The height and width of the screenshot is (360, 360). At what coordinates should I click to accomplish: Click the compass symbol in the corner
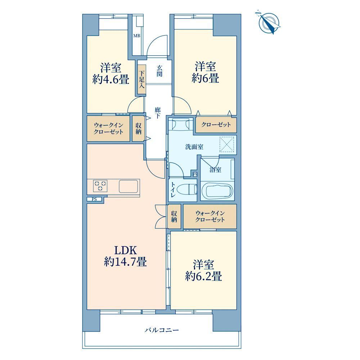pos(269,22)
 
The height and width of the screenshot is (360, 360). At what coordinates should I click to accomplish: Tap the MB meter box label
pos(137,36)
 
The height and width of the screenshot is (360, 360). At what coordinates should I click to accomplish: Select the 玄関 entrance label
pos(159,71)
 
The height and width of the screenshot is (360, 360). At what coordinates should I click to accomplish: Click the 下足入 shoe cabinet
pos(142,80)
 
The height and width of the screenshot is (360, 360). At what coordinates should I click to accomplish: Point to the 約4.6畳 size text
pos(111,80)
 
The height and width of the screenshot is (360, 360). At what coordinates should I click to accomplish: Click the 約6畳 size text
pos(205,78)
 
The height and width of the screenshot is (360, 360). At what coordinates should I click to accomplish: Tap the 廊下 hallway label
pos(158,113)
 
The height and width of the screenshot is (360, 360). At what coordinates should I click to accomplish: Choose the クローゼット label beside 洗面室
pos(216,125)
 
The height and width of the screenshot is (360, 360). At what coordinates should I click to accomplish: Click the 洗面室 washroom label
pos(194,147)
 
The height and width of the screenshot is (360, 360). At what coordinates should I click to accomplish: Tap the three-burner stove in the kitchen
pos(100,186)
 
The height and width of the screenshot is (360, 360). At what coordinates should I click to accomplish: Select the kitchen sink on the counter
pos(129,186)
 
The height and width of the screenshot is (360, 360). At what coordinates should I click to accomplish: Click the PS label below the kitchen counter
pos(94,199)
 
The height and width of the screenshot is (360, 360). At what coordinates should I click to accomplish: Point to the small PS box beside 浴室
pos(195,175)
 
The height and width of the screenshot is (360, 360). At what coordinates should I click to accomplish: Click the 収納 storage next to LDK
pos(174,216)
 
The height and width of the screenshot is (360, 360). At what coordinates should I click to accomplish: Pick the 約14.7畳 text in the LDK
pos(125,261)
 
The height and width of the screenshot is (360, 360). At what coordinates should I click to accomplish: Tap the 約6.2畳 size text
pos(204,276)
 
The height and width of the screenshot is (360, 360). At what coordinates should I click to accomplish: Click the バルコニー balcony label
pos(162,330)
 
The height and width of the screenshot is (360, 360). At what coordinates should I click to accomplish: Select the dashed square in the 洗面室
pos(227,144)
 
